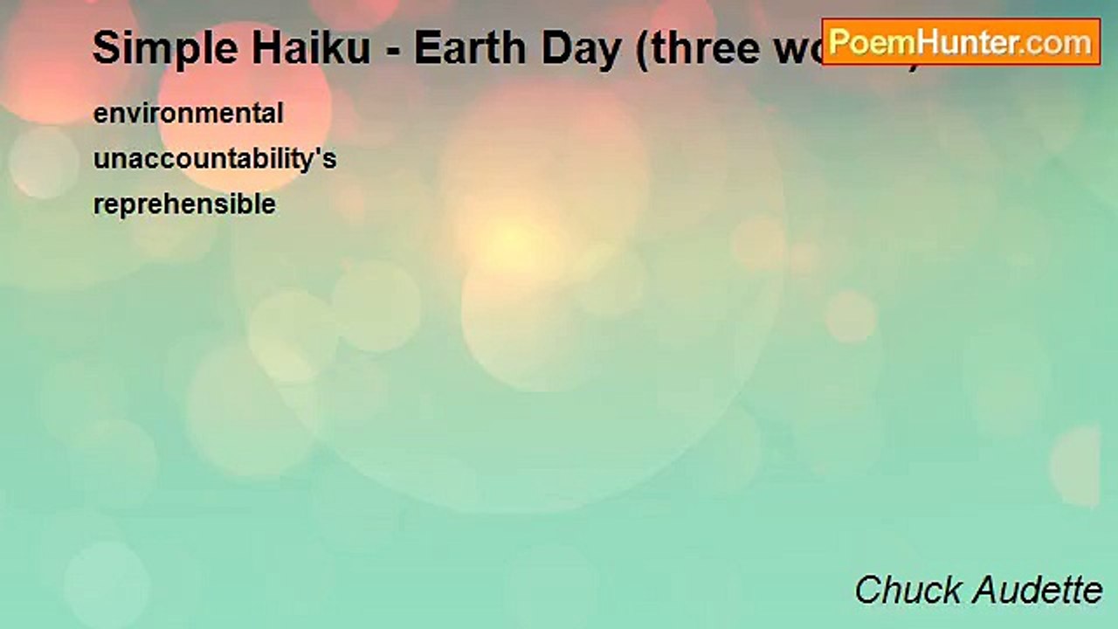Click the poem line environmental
coord(188,114)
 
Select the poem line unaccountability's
coord(215,160)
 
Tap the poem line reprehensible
coord(184,205)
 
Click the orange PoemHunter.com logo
coord(961,42)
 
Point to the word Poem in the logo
coord(864,42)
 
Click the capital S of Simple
coord(106,49)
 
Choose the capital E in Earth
coord(425,48)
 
